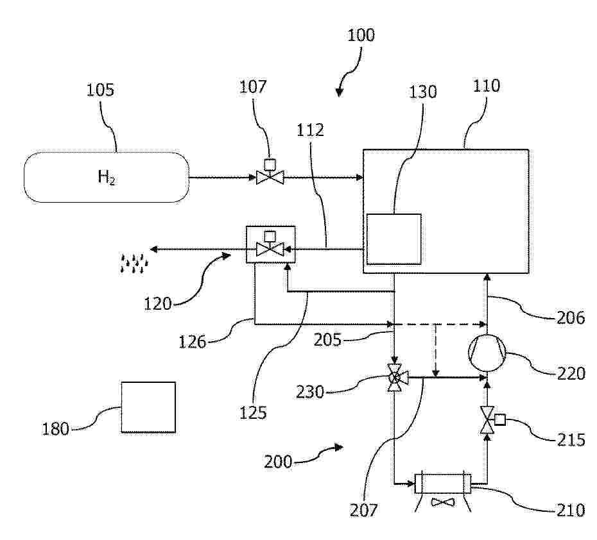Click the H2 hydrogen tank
tap(106, 177)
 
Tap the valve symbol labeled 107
tap(270, 177)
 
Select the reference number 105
tap(100, 90)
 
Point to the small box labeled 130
tap(394, 239)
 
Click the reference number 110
tap(487, 85)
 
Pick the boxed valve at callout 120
tap(271, 244)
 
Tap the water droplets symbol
tap(135, 262)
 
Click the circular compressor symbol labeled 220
tap(487, 352)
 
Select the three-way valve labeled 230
tap(395, 378)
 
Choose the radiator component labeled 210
tap(444, 483)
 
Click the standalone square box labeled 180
tap(148, 408)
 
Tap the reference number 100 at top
tap(361, 35)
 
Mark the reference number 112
tap(311, 130)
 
